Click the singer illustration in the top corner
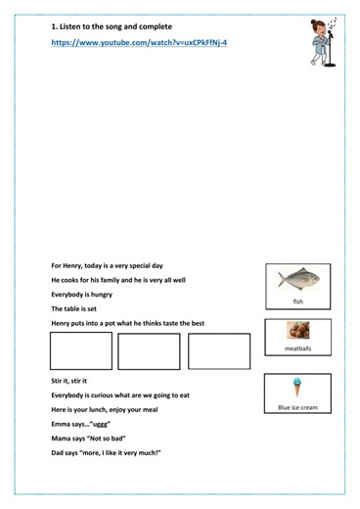320,44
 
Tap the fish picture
296,278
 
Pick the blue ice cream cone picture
297,388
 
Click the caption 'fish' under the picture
297,301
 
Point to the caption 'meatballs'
297,347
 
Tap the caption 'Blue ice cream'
297,407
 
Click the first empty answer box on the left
80,351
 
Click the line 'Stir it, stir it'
69,380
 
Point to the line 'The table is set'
74,308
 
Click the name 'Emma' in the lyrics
61,424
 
